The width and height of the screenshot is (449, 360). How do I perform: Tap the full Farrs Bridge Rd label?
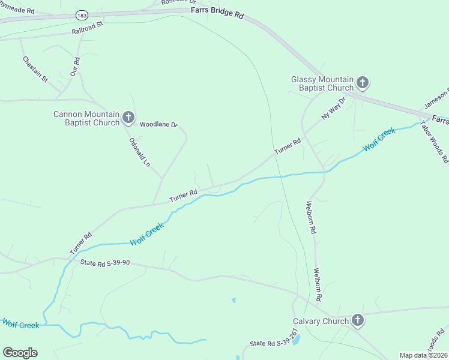point(217,13)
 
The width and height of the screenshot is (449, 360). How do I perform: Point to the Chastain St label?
point(35,69)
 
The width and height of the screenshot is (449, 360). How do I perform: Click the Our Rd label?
point(76,65)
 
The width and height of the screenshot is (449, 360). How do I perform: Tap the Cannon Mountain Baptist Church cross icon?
point(128,117)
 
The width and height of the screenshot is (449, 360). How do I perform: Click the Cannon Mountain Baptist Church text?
point(86,118)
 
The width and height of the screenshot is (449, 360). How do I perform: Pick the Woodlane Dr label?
point(159,125)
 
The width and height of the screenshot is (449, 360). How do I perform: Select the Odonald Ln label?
point(139,152)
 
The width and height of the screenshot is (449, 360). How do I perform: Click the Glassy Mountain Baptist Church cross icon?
point(363,83)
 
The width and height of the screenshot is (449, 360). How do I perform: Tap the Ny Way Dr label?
point(334,108)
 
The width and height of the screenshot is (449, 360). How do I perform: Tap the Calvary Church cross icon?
point(357,320)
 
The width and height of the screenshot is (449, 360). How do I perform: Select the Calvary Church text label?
point(321,321)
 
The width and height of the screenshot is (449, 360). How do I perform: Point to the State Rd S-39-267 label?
point(274,343)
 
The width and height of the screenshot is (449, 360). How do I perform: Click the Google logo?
point(20,353)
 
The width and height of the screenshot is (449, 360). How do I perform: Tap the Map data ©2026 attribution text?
point(424,355)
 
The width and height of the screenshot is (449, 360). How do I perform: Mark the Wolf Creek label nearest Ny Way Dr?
point(379,139)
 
